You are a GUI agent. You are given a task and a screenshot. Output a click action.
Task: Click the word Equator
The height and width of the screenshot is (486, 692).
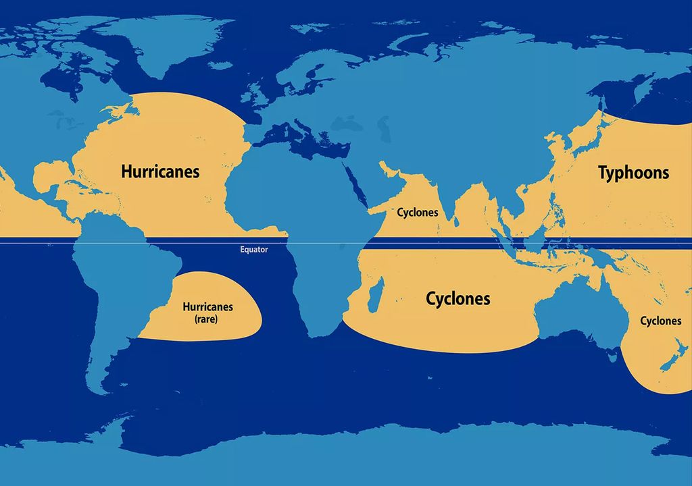(x=254, y=250)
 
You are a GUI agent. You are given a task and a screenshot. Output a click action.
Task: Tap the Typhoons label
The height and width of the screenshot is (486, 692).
(x=633, y=173)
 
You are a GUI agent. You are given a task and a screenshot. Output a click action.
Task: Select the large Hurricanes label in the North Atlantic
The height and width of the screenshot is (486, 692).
(x=160, y=171)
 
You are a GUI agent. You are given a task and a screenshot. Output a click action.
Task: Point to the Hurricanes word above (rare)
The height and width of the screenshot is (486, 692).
(x=207, y=307)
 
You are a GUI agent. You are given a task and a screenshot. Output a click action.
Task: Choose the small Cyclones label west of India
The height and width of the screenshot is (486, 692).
(x=417, y=213)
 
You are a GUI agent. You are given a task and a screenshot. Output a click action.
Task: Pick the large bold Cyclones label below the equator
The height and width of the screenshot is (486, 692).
(x=458, y=298)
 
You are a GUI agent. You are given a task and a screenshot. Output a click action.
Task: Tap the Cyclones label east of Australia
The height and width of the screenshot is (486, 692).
(x=660, y=321)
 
